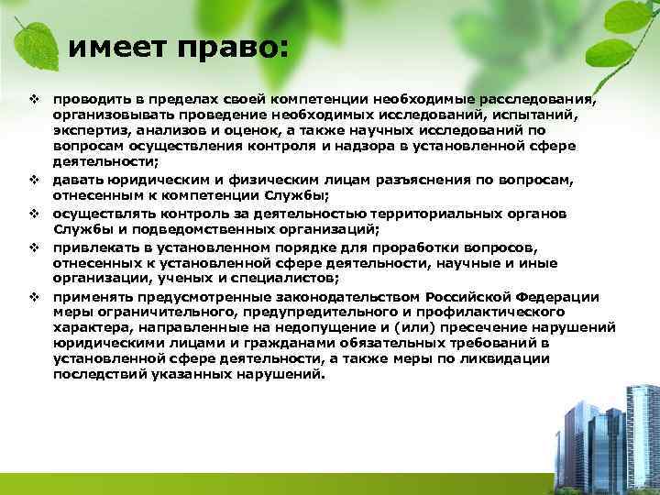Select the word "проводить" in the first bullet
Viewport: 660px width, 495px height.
click(x=90, y=98)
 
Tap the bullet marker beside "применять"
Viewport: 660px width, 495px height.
click(x=32, y=296)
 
